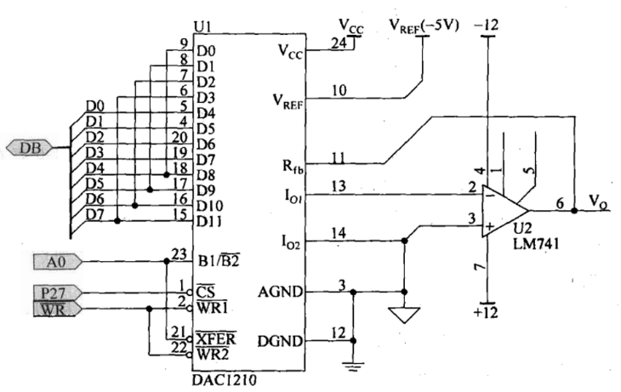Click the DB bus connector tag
click(x=30, y=148)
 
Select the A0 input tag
click(x=58, y=262)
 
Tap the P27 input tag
click(x=58, y=293)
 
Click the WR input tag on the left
click(x=58, y=309)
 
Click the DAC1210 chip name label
click(x=224, y=380)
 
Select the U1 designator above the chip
click(x=202, y=26)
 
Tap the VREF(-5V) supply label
click(x=424, y=26)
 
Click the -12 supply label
click(x=487, y=26)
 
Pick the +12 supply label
click(x=486, y=312)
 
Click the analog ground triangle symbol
click(x=404, y=315)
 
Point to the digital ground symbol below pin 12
click(x=353, y=366)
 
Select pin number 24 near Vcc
click(x=339, y=43)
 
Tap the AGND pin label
click(x=281, y=293)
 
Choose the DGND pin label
click(x=281, y=341)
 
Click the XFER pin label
click(x=216, y=338)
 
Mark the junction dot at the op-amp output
click(x=574, y=211)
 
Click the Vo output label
click(x=598, y=202)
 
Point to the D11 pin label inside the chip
click(x=209, y=221)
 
